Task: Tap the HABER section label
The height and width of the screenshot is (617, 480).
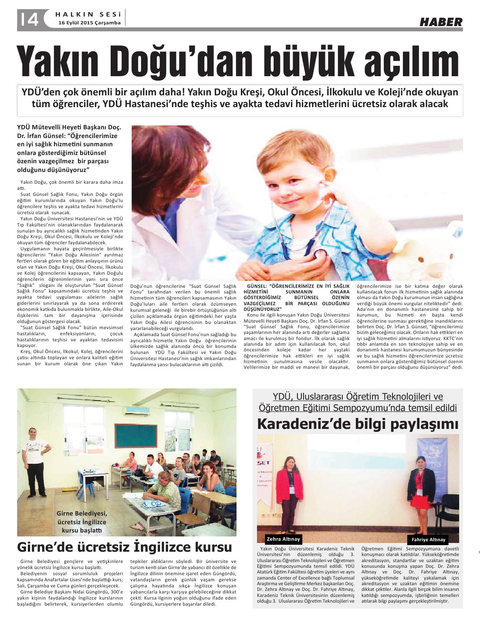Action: click(x=441, y=22)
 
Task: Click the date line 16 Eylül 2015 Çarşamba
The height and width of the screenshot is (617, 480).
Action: click(x=90, y=23)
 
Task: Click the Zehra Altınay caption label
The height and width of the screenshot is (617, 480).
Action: click(x=284, y=539)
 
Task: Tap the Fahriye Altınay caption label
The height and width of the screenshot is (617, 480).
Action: click(x=428, y=539)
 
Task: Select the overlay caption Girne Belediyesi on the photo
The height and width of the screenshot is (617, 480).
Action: click(x=81, y=513)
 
